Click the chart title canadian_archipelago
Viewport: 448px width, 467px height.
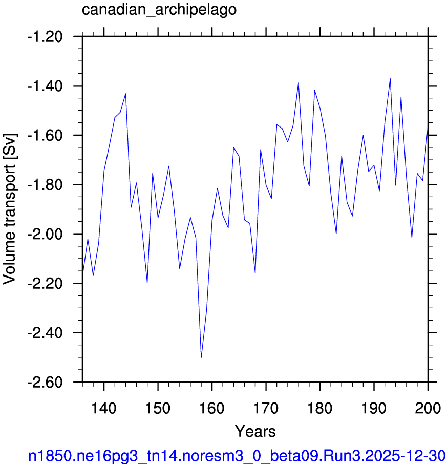tap(159, 10)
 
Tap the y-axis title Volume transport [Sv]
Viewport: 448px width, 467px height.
tap(10, 209)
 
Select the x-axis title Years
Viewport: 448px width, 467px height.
tap(255, 431)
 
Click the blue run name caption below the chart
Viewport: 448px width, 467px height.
tap(237, 456)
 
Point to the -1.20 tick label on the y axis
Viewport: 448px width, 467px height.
tap(45, 37)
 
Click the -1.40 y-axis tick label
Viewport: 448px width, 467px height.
tap(45, 87)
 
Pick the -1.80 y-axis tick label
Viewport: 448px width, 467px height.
tap(45, 185)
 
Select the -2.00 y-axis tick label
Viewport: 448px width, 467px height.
tap(45, 235)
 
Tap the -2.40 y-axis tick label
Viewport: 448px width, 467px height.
tap(45, 333)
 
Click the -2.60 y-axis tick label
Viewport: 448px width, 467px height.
tap(45, 383)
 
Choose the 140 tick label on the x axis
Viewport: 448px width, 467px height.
tap(103, 408)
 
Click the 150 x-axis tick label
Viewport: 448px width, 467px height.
tap(158, 408)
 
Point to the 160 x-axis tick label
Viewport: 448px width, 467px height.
tap(212, 408)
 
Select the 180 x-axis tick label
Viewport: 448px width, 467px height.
tap(319, 408)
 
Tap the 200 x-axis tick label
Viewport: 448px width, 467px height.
tap(428, 408)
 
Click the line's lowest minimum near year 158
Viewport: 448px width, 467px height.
tap(201, 357)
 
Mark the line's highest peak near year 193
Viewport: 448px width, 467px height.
tap(390, 79)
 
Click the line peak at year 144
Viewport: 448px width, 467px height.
tap(126, 94)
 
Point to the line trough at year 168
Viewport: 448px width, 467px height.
tap(255, 273)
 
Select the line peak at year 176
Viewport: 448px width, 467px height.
tap(298, 83)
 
